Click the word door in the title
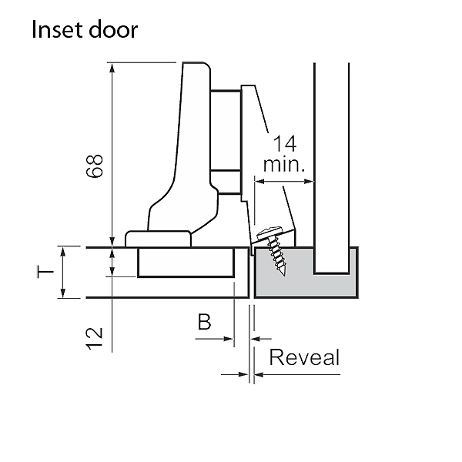point(114,31)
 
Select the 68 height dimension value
point(94,166)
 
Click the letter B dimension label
point(203,322)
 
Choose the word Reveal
point(304,358)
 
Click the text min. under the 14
point(285,165)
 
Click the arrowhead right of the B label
point(229,337)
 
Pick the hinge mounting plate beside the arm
point(227,142)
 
